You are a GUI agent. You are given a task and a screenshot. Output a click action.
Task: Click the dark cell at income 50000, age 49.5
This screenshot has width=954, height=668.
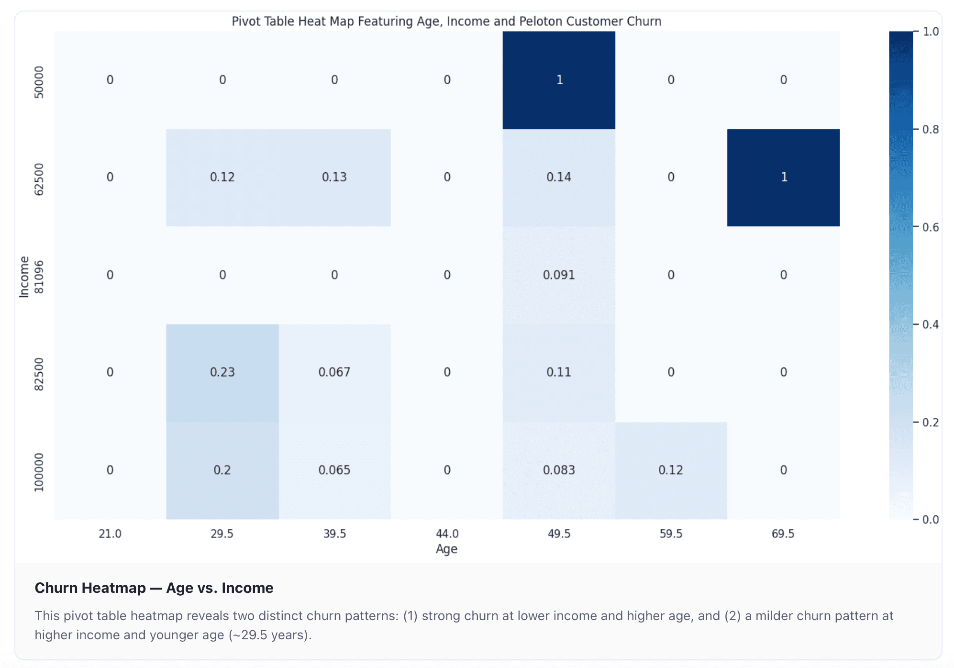click(559, 80)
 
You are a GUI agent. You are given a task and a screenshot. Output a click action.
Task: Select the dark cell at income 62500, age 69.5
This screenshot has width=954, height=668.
click(783, 178)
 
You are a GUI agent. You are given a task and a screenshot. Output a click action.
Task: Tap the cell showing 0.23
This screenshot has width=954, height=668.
click(222, 372)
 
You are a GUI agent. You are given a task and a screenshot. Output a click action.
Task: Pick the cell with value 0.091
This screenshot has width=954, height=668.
click(559, 275)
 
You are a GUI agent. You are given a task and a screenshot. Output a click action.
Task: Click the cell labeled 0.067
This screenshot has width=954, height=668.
click(334, 372)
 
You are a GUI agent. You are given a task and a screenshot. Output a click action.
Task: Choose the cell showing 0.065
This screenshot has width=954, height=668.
click(334, 470)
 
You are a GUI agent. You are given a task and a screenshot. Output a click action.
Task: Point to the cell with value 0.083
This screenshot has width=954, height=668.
click(559, 470)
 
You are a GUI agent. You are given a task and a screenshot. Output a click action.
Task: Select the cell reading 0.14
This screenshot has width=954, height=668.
click(559, 178)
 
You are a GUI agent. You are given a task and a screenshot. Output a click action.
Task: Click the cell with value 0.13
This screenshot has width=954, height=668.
click(334, 178)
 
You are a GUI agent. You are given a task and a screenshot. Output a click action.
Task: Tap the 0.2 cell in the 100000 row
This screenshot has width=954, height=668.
click(222, 470)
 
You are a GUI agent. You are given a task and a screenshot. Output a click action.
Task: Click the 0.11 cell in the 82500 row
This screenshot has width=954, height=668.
click(559, 372)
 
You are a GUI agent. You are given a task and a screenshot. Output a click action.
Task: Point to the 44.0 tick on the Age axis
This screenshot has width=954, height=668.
click(447, 534)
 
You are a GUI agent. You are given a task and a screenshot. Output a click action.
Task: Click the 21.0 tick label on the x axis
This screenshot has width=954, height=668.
click(110, 534)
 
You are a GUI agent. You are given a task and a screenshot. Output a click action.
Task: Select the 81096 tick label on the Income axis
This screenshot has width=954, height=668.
click(39, 277)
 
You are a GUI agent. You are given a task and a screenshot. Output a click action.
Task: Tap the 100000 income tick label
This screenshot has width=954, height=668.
click(39, 472)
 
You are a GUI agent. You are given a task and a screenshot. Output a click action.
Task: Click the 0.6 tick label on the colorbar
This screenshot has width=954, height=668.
click(931, 227)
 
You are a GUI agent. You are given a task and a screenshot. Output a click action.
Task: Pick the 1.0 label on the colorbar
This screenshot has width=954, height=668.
click(931, 32)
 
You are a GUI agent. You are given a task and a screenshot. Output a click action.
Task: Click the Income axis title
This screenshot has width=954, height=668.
click(24, 277)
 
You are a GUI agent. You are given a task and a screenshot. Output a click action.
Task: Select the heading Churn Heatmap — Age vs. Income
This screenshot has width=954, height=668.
click(154, 588)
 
